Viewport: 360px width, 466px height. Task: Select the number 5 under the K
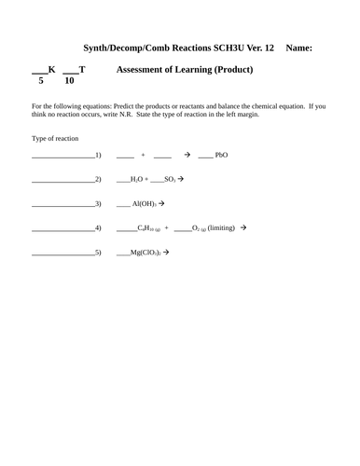point(41,81)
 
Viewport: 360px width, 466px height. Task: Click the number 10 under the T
point(69,81)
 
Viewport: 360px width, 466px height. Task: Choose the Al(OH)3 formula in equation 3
point(144,203)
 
